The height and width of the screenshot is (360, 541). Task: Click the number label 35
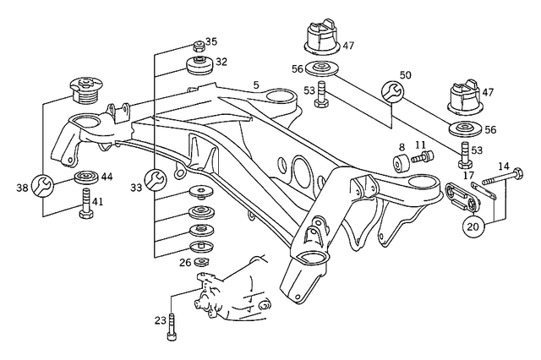click(x=210, y=41)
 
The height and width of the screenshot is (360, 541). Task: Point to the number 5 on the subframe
click(x=256, y=85)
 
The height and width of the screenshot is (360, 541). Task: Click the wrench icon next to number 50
click(x=392, y=91)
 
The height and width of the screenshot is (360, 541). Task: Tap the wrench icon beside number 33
click(x=155, y=178)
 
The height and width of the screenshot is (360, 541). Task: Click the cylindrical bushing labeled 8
click(x=399, y=162)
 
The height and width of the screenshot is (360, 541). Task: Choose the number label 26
click(x=185, y=263)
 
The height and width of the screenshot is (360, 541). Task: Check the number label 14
click(x=503, y=166)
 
